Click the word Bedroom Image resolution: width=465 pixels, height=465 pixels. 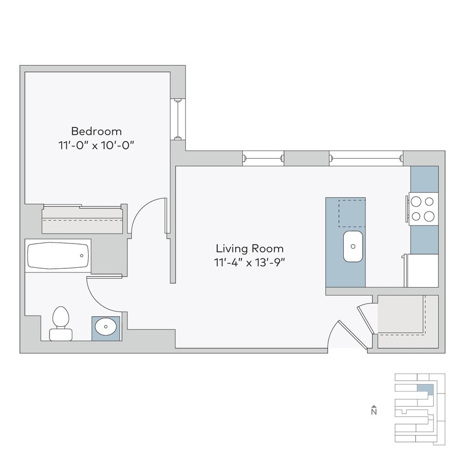(96, 131)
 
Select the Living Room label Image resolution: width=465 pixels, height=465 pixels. (250, 248)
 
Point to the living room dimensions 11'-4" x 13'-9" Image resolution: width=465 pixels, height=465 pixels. (250, 262)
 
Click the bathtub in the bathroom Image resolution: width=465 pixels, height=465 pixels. (58, 256)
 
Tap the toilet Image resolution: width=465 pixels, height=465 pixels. (60, 324)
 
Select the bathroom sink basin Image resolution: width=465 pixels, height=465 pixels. (105, 328)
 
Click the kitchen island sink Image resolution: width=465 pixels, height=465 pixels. (353, 246)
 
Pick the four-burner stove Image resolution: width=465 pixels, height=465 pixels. (423, 209)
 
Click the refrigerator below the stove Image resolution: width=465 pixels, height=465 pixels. (423, 271)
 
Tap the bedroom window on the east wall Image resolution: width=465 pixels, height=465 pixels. (178, 119)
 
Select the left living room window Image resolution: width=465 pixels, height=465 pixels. (263, 158)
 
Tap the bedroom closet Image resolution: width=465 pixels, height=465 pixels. (83, 220)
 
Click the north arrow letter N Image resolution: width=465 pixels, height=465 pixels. (374, 411)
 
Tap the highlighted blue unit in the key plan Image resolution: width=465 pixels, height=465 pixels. (424, 390)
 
